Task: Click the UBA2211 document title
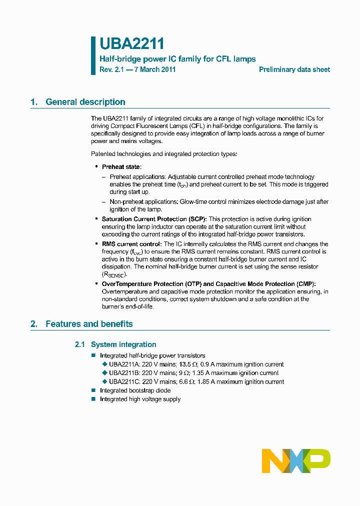pyautogui.click(x=131, y=44)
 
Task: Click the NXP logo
pyautogui.click(x=296, y=460)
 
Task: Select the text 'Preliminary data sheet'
pyautogui.click(x=294, y=70)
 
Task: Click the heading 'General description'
pyautogui.click(x=85, y=102)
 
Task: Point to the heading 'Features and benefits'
pyautogui.click(x=89, y=324)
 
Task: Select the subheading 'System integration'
pyautogui.click(x=123, y=344)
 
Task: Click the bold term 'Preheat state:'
pyautogui.click(x=121, y=167)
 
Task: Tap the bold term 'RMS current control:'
pyautogui.click(x=131, y=244)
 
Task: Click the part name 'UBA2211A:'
pyautogui.click(x=124, y=364)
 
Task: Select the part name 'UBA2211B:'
pyautogui.click(x=124, y=373)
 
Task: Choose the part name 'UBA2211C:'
pyautogui.click(x=124, y=381)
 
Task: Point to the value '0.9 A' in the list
pyautogui.click(x=207, y=364)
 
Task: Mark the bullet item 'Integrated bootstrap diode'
pyautogui.click(x=135, y=390)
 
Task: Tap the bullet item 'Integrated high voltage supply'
pyautogui.click(x=140, y=399)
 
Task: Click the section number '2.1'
pyautogui.click(x=80, y=344)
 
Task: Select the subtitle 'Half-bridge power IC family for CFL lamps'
pyautogui.click(x=177, y=59)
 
